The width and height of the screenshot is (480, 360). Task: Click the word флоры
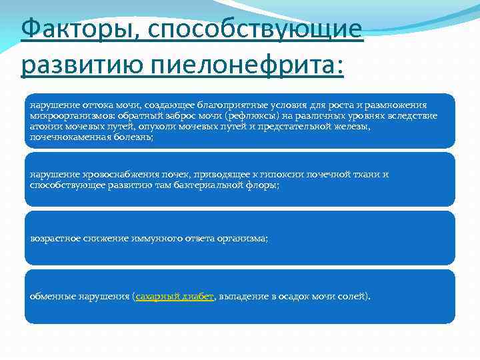click(x=264, y=185)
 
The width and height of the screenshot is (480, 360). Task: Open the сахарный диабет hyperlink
click(x=174, y=296)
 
